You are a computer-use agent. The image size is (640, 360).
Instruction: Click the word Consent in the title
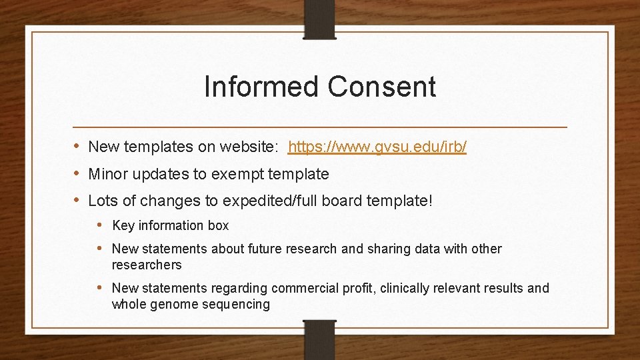(x=381, y=87)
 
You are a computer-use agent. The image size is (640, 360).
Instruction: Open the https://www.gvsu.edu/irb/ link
(x=377, y=147)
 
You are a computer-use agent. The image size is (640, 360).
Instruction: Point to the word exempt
(x=238, y=175)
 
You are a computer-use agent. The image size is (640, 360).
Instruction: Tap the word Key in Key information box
(x=123, y=226)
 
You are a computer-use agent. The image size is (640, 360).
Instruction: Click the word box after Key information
(x=218, y=226)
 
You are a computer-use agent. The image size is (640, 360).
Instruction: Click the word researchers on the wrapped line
(x=147, y=265)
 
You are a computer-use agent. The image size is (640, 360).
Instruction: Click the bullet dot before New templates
(x=77, y=146)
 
